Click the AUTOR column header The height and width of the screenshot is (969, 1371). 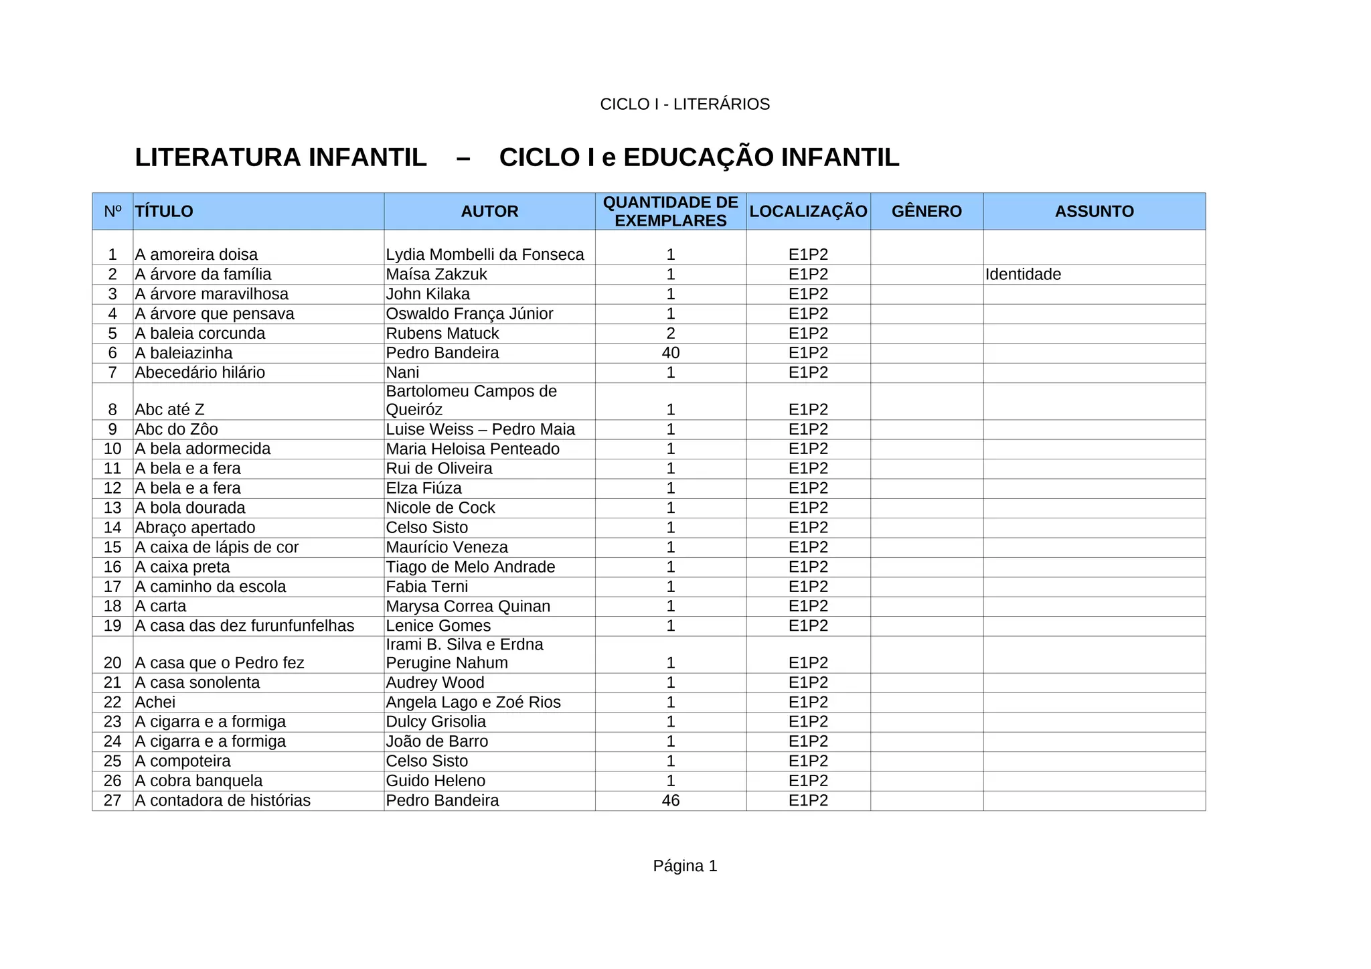tap(489, 212)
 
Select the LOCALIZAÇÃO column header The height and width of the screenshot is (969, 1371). tap(808, 212)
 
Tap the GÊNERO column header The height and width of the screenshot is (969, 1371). tap(926, 212)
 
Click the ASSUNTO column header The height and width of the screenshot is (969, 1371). tap(1094, 212)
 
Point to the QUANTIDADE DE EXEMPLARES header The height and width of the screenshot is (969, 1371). tap(670, 212)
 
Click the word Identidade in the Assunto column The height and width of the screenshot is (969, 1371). tap(1023, 275)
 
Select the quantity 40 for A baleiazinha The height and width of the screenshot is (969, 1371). tap(670, 353)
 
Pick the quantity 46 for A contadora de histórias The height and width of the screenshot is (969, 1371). tap(670, 800)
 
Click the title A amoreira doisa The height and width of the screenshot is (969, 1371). tap(196, 254)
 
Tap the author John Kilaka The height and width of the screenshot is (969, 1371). tap(428, 294)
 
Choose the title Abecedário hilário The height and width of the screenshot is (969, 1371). tap(199, 372)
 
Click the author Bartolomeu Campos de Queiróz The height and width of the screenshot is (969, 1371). tap(471, 400)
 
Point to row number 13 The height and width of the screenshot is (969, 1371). tap(112, 508)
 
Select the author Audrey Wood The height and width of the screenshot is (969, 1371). tap(434, 682)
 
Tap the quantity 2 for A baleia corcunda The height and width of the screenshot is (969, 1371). tap(670, 333)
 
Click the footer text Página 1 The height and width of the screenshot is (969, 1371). tap(685, 866)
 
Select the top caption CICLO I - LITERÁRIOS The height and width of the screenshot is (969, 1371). tap(685, 104)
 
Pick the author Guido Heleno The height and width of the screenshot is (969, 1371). tap(435, 781)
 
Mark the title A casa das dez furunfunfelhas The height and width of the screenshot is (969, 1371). tap(244, 625)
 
